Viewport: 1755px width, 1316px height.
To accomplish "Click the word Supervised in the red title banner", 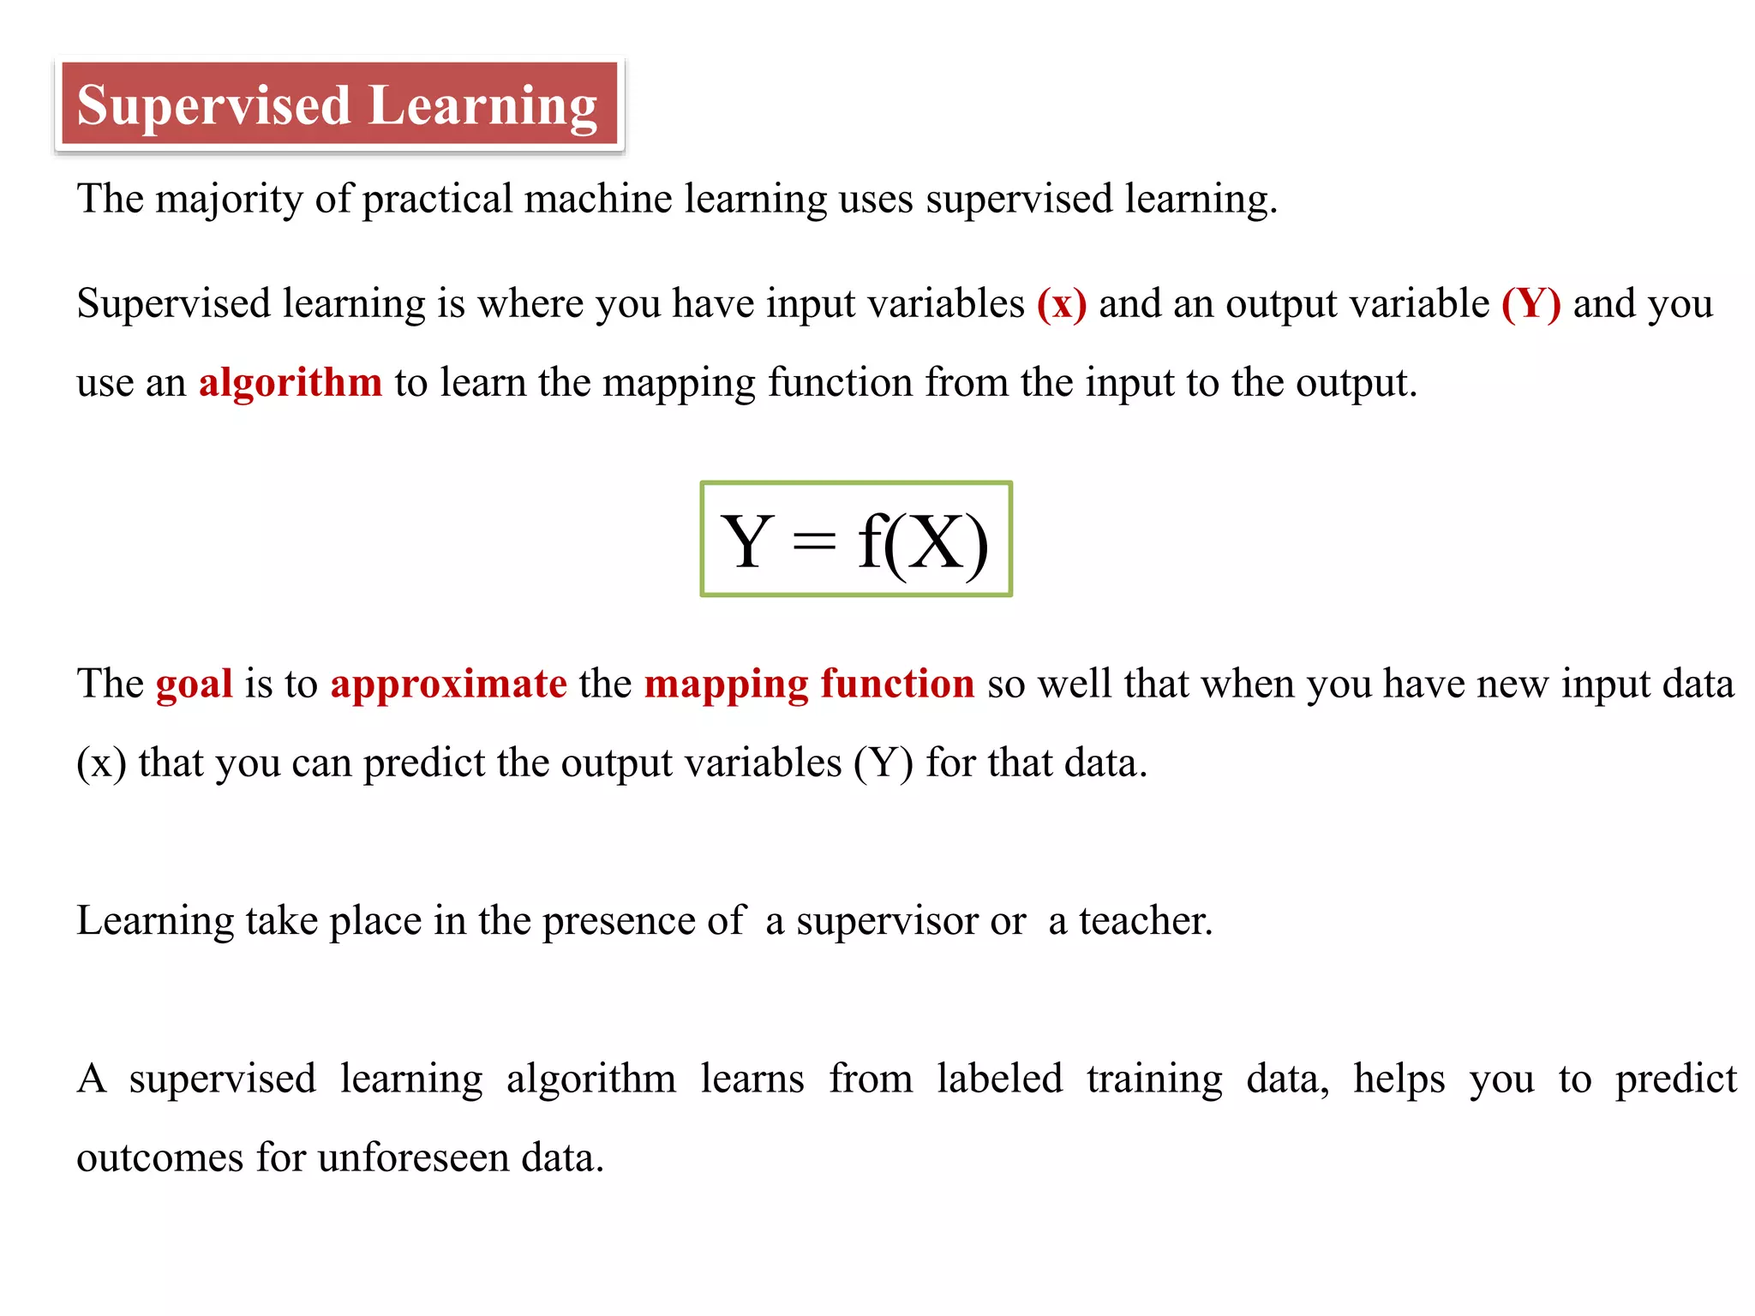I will (213, 106).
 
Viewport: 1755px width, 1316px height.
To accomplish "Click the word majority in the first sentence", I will (229, 200).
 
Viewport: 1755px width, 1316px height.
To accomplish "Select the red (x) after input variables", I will (1061, 304).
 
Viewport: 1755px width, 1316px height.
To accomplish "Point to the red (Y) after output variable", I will (1530, 304).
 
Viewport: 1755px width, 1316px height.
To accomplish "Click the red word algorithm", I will (291, 382).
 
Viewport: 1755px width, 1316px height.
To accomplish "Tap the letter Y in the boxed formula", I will (747, 541).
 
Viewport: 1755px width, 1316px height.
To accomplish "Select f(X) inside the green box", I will (923, 541).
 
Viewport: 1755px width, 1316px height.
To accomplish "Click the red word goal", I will (195, 685).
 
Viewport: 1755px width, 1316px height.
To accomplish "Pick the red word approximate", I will (449, 685).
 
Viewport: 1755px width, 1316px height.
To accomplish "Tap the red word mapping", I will (726, 685).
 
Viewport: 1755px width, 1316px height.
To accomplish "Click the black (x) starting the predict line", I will (101, 763).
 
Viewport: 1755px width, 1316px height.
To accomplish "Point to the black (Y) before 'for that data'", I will (883, 763).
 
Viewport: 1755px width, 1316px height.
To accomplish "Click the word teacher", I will (1145, 921).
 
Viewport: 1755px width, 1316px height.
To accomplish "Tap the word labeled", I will (999, 1079).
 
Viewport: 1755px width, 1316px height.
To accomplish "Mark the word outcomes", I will (160, 1158).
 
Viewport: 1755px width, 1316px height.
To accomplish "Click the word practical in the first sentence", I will (437, 200).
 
